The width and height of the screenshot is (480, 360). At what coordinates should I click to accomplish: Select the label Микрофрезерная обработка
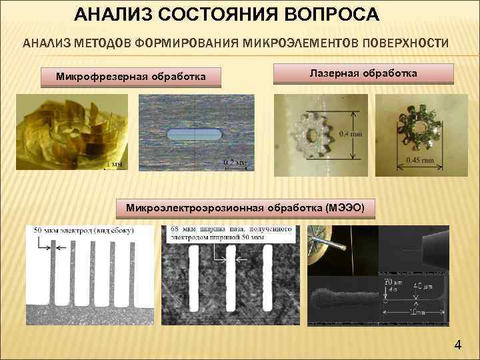pos(130,79)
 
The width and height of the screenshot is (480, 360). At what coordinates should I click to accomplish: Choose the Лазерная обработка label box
pos(363,73)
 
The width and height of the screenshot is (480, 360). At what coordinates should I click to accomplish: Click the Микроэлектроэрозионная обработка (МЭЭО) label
pos(245,207)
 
